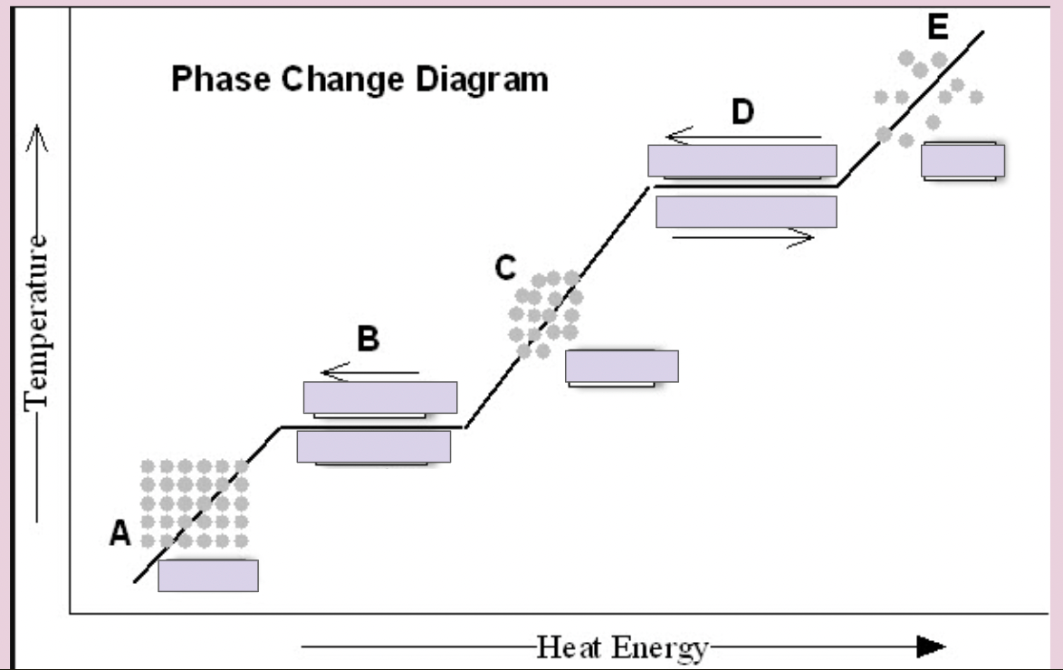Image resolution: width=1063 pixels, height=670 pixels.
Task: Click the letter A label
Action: (x=120, y=533)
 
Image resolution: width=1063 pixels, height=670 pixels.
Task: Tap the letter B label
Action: (x=369, y=339)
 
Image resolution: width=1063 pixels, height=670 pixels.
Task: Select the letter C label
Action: (x=505, y=268)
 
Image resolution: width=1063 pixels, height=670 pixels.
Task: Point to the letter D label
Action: (x=742, y=112)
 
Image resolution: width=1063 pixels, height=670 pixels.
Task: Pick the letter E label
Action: (x=937, y=27)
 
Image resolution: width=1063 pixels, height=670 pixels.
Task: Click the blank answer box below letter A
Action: (x=208, y=576)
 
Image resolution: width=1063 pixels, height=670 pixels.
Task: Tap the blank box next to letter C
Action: (x=622, y=367)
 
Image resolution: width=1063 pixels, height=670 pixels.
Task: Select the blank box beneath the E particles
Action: (x=962, y=161)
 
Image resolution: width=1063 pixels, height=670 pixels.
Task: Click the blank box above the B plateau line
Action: (x=380, y=397)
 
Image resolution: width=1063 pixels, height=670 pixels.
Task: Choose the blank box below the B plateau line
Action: (x=374, y=446)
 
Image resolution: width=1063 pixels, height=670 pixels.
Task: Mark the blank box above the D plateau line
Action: (x=742, y=161)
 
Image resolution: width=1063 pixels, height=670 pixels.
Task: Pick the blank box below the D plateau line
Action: (x=746, y=212)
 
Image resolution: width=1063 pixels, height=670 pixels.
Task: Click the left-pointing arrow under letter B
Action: (x=370, y=371)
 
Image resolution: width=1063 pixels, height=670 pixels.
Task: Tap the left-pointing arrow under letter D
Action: (x=743, y=137)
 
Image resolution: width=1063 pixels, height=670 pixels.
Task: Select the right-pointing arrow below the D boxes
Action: (x=743, y=237)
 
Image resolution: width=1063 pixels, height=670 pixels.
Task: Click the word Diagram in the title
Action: (x=482, y=80)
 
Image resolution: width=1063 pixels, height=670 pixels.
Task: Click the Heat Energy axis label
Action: (x=622, y=647)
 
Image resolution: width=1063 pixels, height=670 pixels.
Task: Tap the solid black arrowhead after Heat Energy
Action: (x=932, y=646)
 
